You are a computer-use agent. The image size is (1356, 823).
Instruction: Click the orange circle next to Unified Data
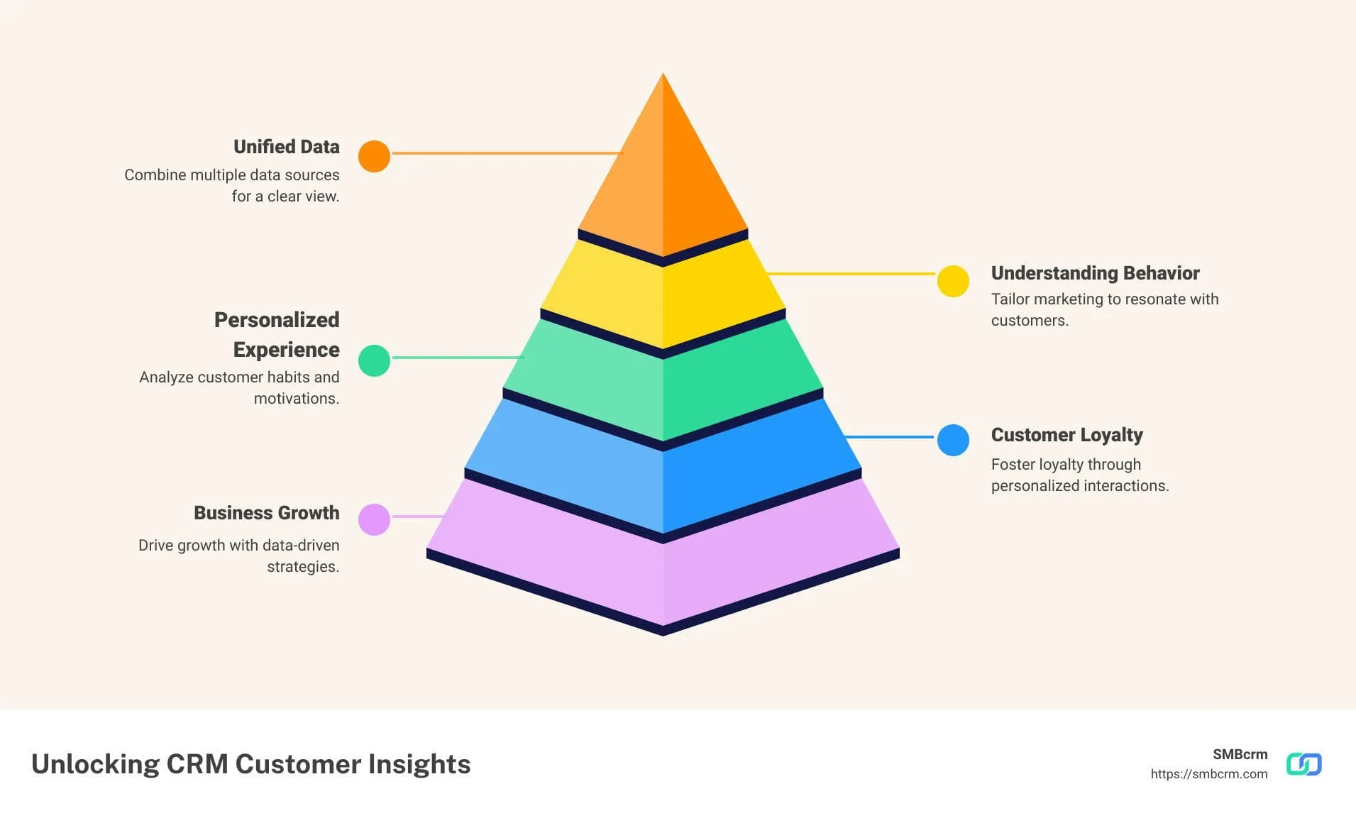374,156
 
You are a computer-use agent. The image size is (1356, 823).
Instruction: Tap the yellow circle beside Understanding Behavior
953,281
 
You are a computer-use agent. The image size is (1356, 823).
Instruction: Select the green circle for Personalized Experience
374,360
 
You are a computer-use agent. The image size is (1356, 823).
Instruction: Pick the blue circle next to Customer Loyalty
953,440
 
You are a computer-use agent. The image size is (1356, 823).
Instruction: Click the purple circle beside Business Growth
374,519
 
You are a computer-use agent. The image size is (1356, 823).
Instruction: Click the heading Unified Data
286,147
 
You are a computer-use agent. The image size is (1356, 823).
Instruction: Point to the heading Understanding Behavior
1095,273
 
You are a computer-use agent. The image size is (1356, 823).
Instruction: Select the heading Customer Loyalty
1066,435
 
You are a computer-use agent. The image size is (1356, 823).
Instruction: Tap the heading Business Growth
266,513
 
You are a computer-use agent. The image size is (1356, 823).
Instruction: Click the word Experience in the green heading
286,350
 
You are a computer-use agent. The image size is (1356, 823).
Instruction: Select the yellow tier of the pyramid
663,298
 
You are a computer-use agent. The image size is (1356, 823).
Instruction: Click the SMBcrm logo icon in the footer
1303,764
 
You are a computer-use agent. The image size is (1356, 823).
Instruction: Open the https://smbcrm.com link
1208,774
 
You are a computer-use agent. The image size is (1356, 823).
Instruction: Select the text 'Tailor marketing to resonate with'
1104,299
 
